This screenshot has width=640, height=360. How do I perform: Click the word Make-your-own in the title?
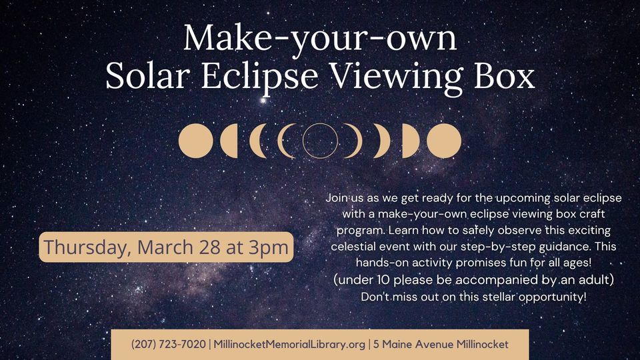tap(320, 38)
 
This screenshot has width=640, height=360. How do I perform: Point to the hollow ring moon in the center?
tap(320, 141)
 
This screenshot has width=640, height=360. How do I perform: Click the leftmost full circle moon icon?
tap(196, 141)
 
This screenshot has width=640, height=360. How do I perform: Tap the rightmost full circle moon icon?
tap(444, 141)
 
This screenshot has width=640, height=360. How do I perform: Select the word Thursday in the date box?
tap(87, 247)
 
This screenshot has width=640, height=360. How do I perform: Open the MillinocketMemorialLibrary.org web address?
tap(289, 344)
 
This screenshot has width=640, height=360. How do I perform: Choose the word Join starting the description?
tap(338, 198)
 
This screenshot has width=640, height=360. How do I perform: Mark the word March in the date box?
tap(165, 247)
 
